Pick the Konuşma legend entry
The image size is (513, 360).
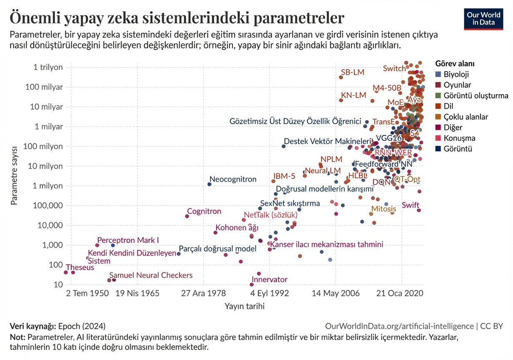point(459,138)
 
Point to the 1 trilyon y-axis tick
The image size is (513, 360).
point(48,67)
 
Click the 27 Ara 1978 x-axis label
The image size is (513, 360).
point(204,293)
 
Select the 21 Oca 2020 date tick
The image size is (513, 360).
point(400,293)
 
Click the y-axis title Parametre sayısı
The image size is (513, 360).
point(14,175)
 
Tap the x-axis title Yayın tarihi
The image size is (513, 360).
point(244,306)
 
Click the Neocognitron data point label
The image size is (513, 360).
point(233,180)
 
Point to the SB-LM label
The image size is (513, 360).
point(352,72)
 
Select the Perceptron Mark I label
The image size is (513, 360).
point(128,240)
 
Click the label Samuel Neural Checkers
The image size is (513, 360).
point(151,275)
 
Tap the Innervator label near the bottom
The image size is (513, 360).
point(269,280)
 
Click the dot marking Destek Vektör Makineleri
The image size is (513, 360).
point(284,146)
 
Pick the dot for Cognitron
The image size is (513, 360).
point(187,216)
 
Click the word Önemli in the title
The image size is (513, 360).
point(35,18)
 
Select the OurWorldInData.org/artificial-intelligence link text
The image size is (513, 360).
point(399,326)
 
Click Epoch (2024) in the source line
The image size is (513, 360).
point(82,326)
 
